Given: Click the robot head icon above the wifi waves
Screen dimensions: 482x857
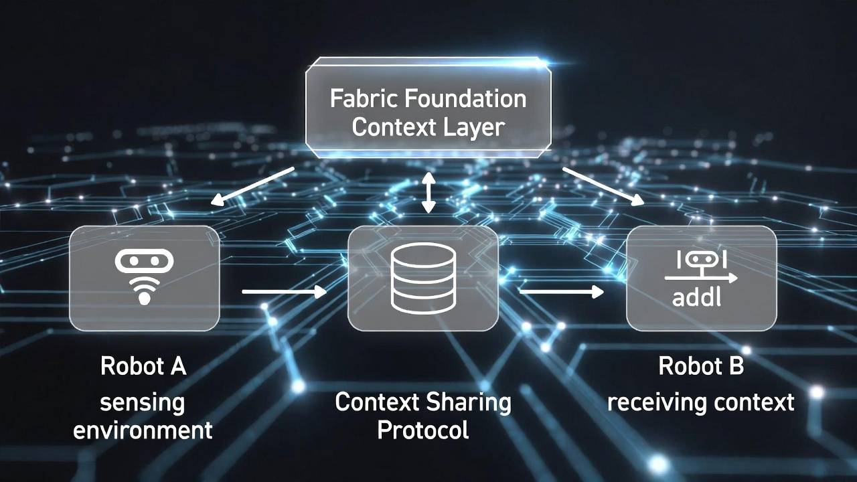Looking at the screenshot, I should click(x=144, y=262).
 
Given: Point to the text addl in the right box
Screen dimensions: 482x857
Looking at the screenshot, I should click(x=697, y=297).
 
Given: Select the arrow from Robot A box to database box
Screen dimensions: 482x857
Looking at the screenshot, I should click(x=283, y=291).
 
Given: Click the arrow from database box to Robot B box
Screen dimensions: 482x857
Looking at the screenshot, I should click(x=561, y=291).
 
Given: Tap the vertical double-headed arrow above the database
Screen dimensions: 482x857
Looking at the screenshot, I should click(x=428, y=193).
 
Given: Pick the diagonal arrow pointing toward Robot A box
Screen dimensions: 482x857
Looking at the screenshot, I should click(x=252, y=186).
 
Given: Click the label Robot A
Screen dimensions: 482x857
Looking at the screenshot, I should click(x=143, y=367).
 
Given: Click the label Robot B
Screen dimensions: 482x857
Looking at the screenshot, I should click(x=701, y=367).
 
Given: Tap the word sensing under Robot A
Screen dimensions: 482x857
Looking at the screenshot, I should click(x=143, y=403).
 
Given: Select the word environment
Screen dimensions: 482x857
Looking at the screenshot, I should click(x=143, y=430).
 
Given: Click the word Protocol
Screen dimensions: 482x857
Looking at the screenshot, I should click(x=422, y=430).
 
